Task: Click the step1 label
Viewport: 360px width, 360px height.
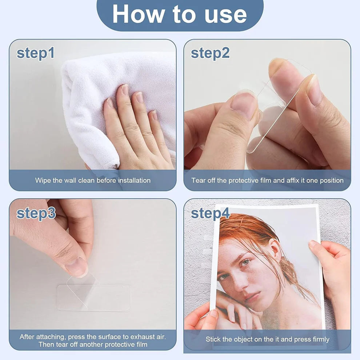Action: [x=36, y=53]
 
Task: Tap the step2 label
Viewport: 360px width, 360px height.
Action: [x=210, y=53]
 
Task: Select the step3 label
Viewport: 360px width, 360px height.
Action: [x=36, y=213]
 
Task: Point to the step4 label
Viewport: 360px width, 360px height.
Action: [x=211, y=213]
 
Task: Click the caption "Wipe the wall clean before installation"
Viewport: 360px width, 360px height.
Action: [x=93, y=180]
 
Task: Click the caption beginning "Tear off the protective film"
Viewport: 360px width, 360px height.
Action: [x=267, y=180]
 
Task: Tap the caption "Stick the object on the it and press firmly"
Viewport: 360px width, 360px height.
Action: [x=267, y=339]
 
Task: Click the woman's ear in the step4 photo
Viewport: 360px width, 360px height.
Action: [x=276, y=251]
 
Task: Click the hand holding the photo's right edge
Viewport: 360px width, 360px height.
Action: [x=333, y=265]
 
